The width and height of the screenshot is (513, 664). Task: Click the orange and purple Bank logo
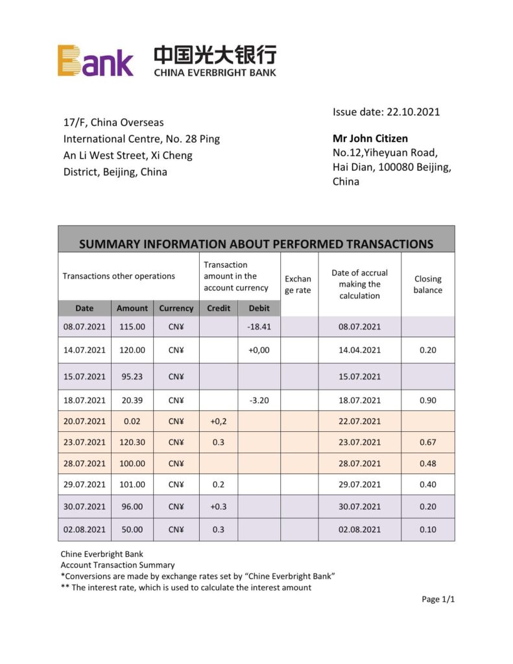point(95,61)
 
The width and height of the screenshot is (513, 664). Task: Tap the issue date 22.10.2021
point(386,112)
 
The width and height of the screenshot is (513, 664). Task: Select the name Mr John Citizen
point(370,138)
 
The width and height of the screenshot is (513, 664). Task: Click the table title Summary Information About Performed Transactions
point(256,244)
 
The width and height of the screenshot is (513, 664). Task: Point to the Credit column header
point(219,308)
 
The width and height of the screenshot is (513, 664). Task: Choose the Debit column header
point(259,308)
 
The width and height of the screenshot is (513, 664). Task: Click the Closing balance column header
point(427,285)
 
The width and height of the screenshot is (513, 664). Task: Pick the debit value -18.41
point(259,327)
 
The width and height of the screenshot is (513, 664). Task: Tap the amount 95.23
point(132,377)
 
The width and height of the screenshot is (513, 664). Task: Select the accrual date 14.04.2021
point(359,350)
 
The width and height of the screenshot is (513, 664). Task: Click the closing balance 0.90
point(427,400)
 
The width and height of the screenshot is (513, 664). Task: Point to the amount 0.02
point(132,421)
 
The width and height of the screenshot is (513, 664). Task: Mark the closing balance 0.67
point(427,442)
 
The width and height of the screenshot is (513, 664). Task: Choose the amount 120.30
point(132,442)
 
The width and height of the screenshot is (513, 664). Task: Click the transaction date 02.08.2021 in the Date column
point(84,529)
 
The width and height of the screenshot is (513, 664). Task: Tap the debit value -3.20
point(259,400)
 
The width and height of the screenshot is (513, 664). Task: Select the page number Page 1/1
point(438,599)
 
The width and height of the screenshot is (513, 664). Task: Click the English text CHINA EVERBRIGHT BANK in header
point(215,73)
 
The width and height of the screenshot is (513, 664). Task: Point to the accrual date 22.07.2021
point(359,421)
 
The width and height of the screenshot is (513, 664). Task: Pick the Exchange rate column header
point(298,285)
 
